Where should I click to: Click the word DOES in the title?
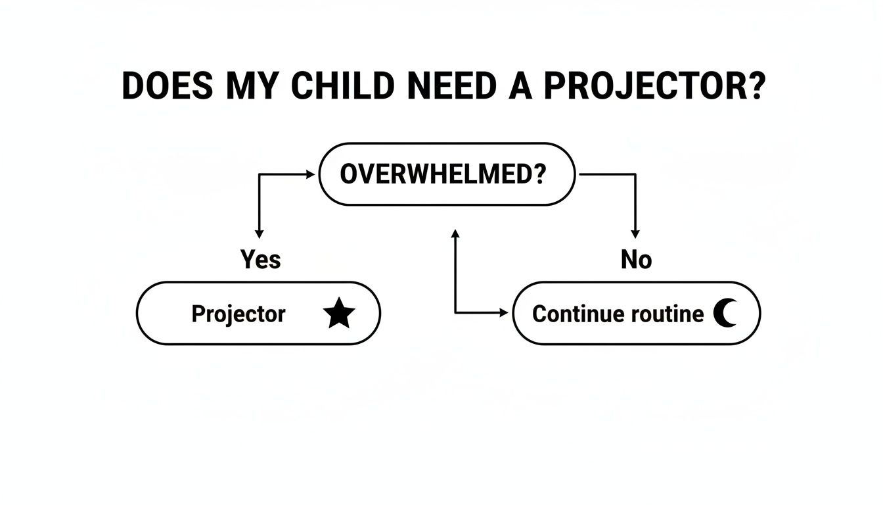167,85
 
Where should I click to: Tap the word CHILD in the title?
344,85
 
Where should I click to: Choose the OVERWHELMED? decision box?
447,174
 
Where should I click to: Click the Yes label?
260,260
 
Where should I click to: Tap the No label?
636,260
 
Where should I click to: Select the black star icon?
339,314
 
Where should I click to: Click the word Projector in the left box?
238,314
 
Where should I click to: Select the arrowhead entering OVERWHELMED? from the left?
311,174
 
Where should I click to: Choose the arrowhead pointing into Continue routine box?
505,313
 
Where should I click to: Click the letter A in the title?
519,85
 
